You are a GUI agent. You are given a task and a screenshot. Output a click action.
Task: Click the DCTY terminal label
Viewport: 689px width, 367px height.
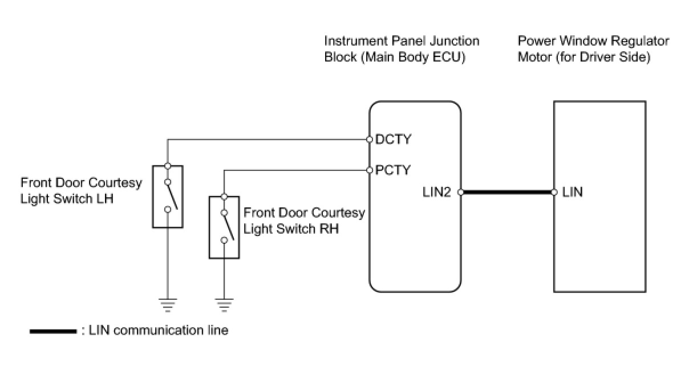(x=394, y=139)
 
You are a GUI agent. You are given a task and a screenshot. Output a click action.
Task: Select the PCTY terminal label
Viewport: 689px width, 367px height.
(x=394, y=170)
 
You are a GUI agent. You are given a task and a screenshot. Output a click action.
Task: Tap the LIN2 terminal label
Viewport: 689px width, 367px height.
(x=437, y=193)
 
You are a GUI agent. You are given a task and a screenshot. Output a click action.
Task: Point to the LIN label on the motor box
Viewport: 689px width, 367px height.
(x=573, y=193)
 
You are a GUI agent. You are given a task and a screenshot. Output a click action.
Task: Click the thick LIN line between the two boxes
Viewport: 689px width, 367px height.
(x=507, y=193)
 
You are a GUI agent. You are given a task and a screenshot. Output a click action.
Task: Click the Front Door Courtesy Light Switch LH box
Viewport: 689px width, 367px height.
(x=168, y=197)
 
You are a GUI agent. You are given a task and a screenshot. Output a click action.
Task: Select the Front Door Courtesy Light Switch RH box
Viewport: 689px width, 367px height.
(x=225, y=227)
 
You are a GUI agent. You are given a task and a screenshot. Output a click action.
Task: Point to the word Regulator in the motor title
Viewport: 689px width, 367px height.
(x=642, y=41)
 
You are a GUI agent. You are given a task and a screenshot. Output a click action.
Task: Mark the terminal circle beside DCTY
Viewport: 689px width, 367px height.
(x=370, y=139)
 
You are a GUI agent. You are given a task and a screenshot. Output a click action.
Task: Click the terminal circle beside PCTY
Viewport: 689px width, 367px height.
(x=370, y=170)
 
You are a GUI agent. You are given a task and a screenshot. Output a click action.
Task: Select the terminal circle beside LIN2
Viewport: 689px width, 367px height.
(x=460, y=193)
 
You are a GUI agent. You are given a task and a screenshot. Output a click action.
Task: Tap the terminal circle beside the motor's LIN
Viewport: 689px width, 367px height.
(x=554, y=193)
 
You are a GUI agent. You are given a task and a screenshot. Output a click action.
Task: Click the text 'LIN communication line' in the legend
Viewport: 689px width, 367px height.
(x=159, y=331)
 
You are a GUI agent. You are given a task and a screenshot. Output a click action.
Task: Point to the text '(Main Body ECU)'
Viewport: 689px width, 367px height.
(x=413, y=58)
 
